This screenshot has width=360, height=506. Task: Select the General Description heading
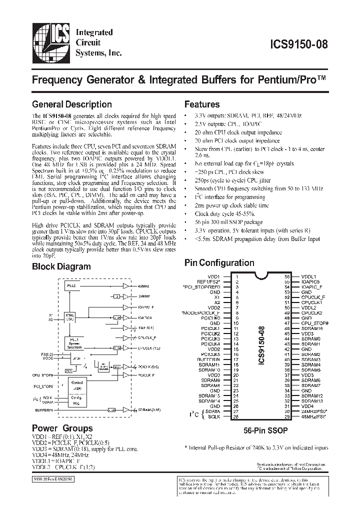point(71,104)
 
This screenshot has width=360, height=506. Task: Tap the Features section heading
point(202,104)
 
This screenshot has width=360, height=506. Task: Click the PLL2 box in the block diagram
point(70,285)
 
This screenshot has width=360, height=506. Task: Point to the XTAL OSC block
point(70,317)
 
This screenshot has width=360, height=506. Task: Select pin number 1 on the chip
point(237,276)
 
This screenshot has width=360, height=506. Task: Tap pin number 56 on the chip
point(287,276)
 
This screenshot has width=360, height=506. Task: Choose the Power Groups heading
point(62,428)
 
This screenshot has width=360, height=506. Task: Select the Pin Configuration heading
point(219,263)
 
